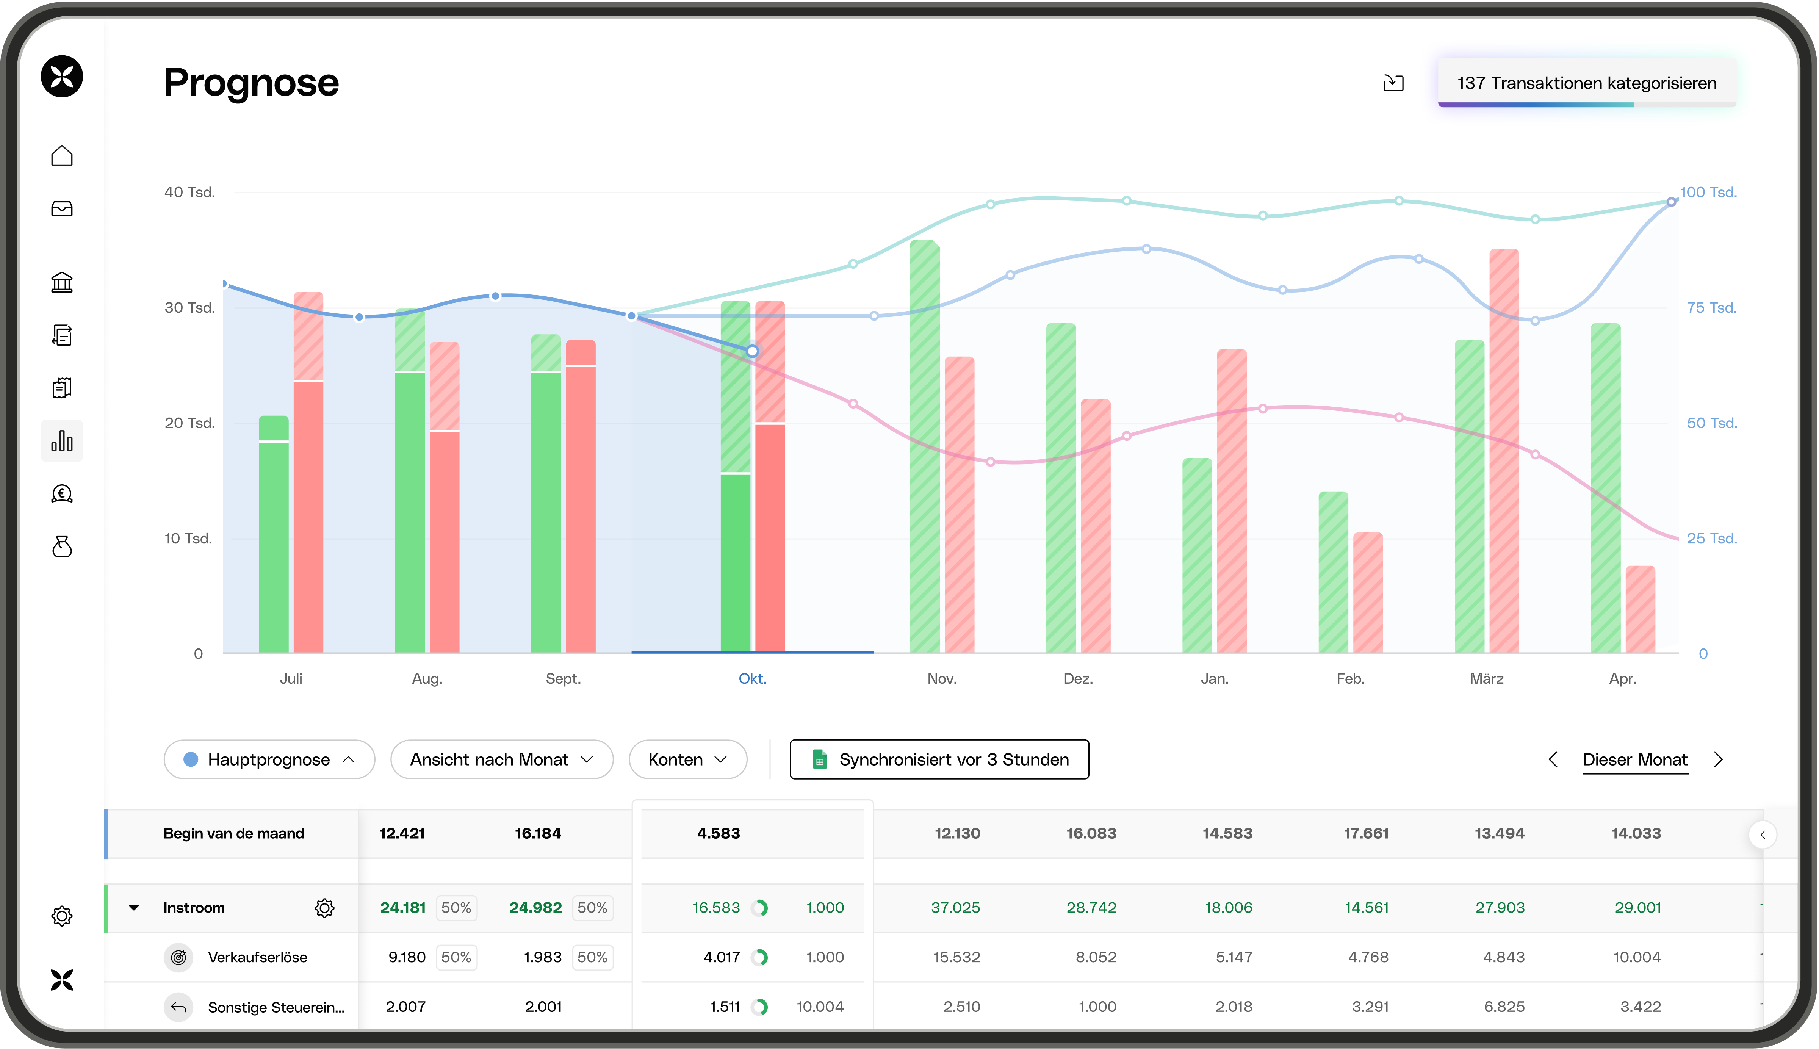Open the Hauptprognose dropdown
point(269,759)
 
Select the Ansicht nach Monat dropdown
point(501,759)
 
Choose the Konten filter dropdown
point(687,759)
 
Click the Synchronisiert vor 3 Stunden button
point(939,759)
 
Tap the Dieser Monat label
point(1634,759)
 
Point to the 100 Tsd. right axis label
point(1708,193)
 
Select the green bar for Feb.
point(1333,573)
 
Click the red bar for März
point(1504,450)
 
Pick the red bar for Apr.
point(1641,609)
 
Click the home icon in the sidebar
point(62,156)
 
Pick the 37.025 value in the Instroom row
point(955,908)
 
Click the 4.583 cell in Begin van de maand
point(718,834)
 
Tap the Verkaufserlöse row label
point(257,958)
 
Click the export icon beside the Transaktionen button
point(1393,83)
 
